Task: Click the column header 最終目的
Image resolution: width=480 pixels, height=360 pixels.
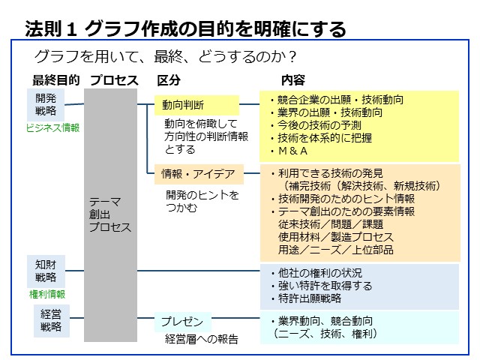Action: pyautogui.click(x=56, y=80)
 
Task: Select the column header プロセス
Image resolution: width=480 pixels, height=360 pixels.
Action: pyautogui.click(x=114, y=80)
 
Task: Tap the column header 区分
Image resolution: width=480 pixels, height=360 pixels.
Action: pyautogui.click(x=169, y=80)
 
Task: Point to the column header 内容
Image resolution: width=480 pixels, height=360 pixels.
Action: pyautogui.click(x=293, y=80)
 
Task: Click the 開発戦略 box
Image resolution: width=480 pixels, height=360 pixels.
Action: pyautogui.click(x=46, y=105)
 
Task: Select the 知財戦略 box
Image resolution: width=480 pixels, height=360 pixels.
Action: pyautogui.click(x=46, y=271)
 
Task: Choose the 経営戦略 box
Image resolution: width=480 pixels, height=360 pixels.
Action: pyautogui.click(x=51, y=321)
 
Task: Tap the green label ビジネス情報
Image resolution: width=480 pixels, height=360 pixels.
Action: pyautogui.click(x=52, y=127)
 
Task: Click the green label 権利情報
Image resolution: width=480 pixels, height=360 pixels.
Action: pyautogui.click(x=47, y=294)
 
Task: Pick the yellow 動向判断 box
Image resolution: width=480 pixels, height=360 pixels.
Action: pyautogui.click(x=196, y=105)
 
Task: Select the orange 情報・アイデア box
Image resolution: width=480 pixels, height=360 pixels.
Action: pyautogui.click(x=199, y=174)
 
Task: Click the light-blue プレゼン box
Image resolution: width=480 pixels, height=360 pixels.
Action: pyautogui.click(x=183, y=322)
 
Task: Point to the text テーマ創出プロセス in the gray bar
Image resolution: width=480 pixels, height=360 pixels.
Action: pyautogui.click(x=110, y=214)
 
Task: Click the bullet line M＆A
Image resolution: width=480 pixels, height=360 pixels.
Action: pyautogui.click(x=289, y=151)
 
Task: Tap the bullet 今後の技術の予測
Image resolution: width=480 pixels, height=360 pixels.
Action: pyautogui.click(x=316, y=125)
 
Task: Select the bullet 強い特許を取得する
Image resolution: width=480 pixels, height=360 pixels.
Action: pyautogui.click(x=322, y=286)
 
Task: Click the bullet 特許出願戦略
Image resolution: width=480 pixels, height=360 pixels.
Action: pyautogui.click(x=306, y=298)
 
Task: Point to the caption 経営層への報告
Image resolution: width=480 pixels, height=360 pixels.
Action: pyautogui.click(x=202, y=339)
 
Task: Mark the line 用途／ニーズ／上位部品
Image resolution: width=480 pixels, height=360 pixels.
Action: pyautogui.click(x=336, y=250)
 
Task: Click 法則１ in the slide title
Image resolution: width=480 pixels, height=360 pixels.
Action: pyautogui.click(x=51, y=29)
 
